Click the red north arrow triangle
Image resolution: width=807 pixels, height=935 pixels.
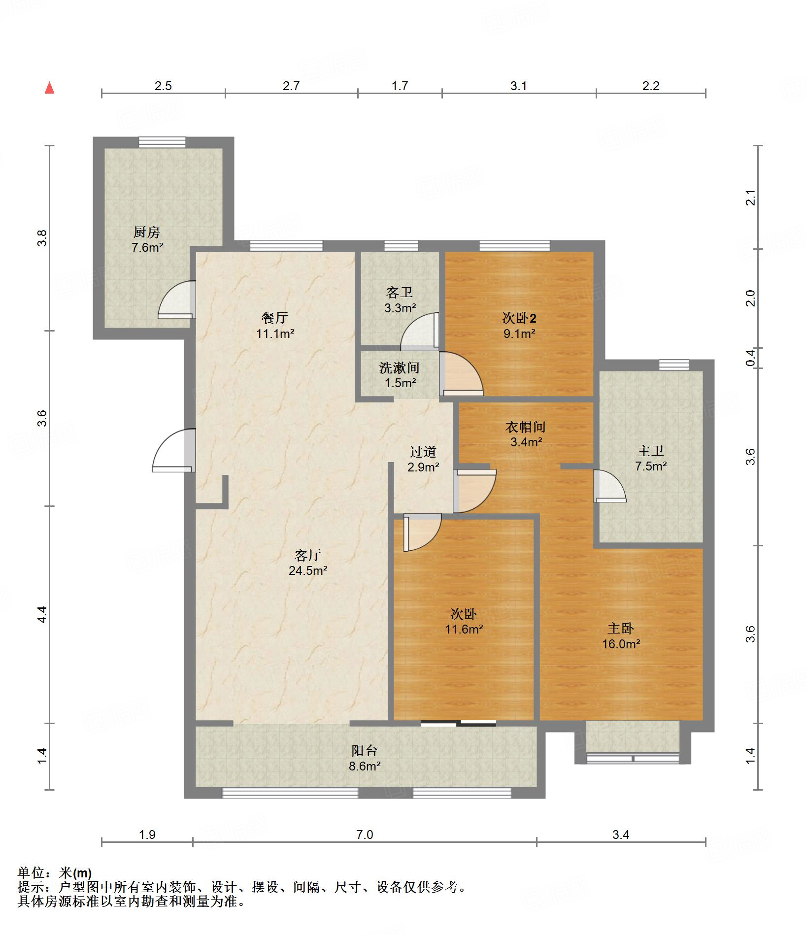(x=49, y=88)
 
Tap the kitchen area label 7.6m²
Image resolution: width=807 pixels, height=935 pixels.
(x=147, y=247)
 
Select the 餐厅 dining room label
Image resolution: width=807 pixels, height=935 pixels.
(x=275, y=318)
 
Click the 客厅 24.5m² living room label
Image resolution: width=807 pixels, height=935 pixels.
(x=308, y=563)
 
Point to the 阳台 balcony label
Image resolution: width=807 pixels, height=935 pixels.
(x=365, y=751)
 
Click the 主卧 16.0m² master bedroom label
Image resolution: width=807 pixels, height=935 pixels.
(x=621, y=636)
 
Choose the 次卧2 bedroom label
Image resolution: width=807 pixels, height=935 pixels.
(x=519, y=318)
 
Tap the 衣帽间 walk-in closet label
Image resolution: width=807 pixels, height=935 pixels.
(x=526, y=427)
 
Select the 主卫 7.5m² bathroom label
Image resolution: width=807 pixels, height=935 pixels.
(x=651, y=458)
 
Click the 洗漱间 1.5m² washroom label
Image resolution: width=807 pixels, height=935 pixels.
(x=399, y=375)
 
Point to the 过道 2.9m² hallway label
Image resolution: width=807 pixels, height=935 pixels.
(x=423, y=459)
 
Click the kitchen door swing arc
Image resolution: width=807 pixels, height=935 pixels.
(x=176, y=300)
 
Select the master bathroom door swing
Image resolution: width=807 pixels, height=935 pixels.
(x=609, y=487)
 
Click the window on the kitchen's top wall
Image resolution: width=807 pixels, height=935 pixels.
(x=162, y=142)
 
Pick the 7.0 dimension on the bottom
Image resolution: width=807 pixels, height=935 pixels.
(x=365, y=835)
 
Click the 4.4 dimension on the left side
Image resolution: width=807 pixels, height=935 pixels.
(x=42, y=614)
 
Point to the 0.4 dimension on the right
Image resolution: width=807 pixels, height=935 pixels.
(x=750, y=357)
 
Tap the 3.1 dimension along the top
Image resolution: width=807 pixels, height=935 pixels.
(x=518, y=86)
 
